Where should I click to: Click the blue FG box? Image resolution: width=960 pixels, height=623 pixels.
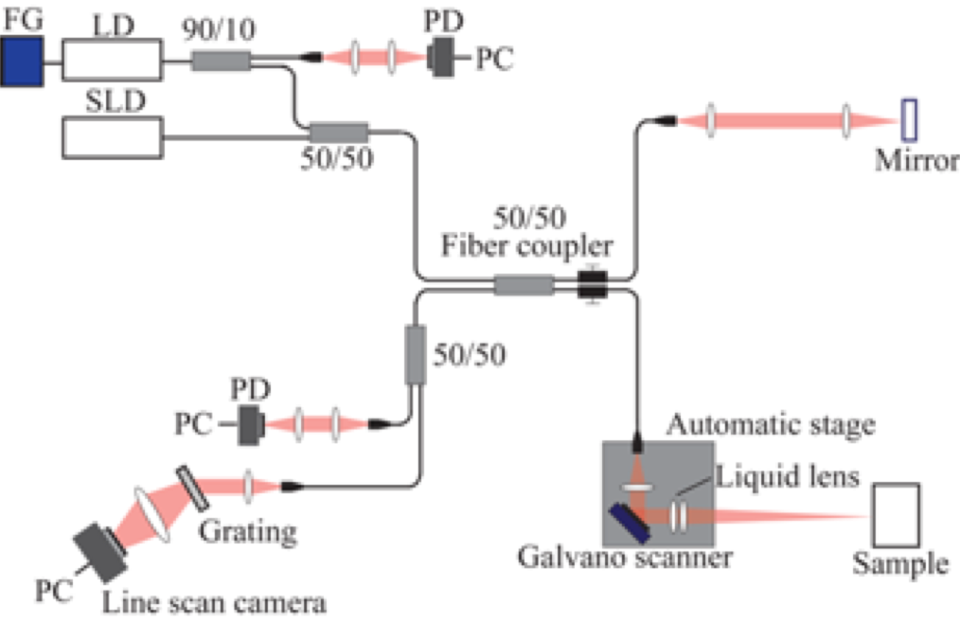point(21,62)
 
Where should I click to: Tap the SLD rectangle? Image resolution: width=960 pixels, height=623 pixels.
point(113,137)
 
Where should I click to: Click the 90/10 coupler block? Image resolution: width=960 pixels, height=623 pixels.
point(221,62)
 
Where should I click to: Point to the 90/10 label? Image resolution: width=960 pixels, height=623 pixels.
point(220,29)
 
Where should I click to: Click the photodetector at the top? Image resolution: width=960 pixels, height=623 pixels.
point(442,59)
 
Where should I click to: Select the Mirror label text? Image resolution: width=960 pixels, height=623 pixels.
point(916,160)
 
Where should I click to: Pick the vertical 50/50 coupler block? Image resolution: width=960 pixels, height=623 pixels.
point(415,354)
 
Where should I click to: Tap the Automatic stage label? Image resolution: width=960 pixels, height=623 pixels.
point(771,425)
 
